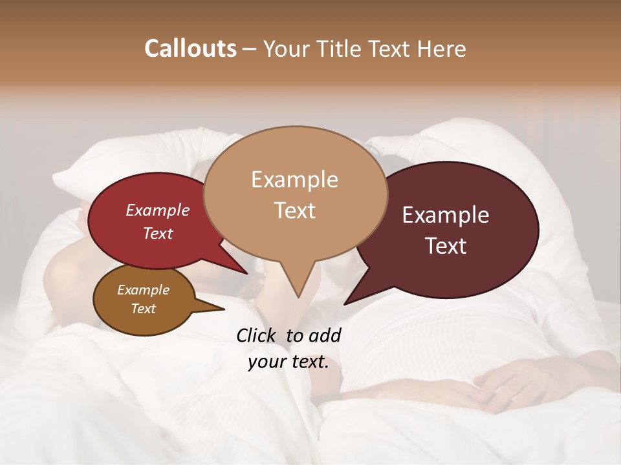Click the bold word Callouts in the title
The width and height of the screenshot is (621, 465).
[x=190, y=48]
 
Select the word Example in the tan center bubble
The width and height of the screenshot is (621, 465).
[x=294, y=180]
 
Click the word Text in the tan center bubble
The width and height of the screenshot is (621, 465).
[x=294, y=211]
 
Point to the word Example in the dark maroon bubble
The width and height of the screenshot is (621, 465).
[x=446, y=215]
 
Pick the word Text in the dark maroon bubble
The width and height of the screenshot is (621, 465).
[x=446, y=246]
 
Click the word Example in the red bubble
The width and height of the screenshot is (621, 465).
[x=157, y=210]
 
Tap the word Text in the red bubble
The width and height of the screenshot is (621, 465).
[x=157, y=233]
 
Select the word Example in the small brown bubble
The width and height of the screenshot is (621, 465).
[x=143, y=290]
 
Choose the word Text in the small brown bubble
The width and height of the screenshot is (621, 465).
[x=143, y=309]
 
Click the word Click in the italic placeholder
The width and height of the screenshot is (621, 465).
[x=257, y=335]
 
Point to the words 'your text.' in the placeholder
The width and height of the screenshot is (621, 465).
[x=288, y=362]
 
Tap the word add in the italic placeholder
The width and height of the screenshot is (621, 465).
[x=325, y=335]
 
